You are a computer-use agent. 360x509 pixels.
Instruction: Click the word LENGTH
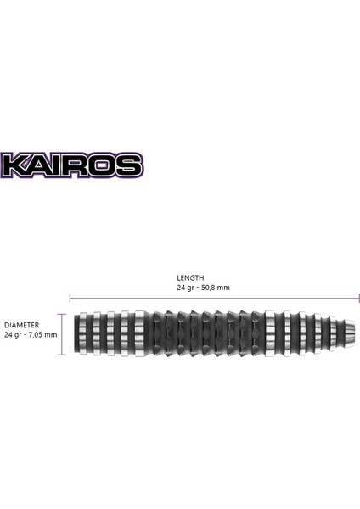190,277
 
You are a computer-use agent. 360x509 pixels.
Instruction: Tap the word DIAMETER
21,325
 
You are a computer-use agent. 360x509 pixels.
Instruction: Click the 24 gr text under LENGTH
185,287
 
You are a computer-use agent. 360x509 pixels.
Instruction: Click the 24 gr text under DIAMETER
13,334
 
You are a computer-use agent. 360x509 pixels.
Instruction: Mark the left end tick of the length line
70,298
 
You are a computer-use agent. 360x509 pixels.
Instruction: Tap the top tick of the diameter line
62,311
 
